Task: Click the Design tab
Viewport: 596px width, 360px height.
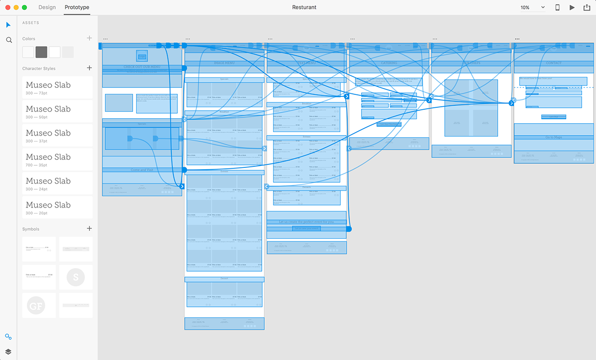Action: (47, 7)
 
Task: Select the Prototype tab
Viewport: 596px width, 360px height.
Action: (77, 7)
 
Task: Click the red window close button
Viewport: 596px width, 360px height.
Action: (7, 7)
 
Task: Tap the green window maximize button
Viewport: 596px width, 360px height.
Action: (24, 7)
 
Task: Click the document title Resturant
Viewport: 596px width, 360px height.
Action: (304, 7)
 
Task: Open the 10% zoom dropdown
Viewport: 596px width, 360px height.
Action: (532, 7)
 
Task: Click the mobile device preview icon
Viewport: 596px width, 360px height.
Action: (557, 7)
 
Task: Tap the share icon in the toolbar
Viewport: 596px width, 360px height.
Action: (586, 7)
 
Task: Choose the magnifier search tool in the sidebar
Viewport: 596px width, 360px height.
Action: (9, 40)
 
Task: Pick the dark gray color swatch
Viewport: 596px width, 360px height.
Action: (41, 52)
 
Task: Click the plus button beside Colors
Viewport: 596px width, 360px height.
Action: (89, 38)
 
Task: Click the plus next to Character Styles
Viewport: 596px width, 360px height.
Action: (89, 68)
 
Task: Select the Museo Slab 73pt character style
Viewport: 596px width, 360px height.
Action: (57, 87)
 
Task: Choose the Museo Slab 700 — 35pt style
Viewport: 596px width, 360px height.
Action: (57, 159)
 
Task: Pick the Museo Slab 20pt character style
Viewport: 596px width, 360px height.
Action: (57, 207)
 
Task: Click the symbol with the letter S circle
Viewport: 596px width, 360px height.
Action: (75, 277)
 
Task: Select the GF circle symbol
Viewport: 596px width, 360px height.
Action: (36, 305)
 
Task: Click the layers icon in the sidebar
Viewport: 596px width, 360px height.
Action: (8, 352)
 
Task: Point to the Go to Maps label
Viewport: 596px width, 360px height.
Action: (553, 138)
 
